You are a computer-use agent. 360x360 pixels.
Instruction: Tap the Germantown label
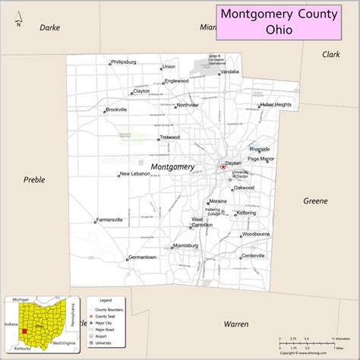point(143,257)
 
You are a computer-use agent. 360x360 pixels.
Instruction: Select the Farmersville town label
point(111,220)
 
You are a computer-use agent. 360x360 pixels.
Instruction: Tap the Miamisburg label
point(185,246)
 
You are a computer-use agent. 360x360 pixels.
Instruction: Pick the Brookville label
point(117,109)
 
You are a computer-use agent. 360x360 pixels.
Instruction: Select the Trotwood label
point(169,137)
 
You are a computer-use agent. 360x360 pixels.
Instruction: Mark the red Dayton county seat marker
point(223,166)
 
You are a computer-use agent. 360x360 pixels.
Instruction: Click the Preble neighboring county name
point(34,180)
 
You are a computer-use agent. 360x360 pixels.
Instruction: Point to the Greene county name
point(315,201)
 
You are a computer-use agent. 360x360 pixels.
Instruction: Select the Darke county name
point(49,27)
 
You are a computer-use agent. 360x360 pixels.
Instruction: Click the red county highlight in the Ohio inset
point(24,330)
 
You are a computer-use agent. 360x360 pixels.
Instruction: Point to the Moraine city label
point(219,201)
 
